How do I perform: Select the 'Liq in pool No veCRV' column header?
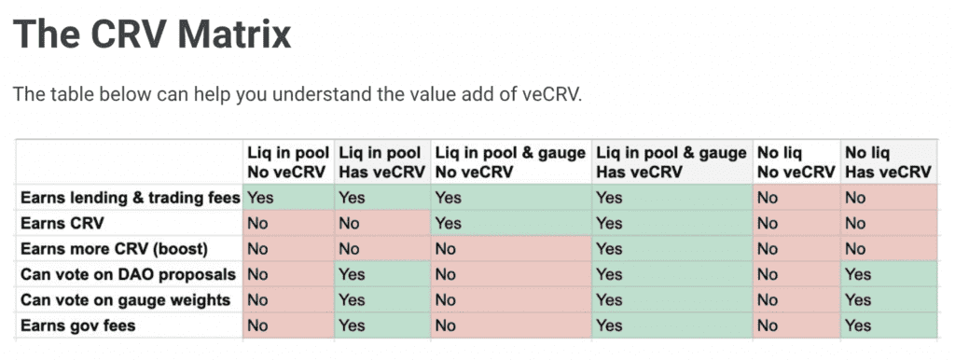287,161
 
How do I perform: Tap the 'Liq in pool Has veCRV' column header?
381,161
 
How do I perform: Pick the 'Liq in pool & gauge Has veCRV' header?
671,161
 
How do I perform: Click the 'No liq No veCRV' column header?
796,161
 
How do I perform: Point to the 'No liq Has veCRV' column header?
887,161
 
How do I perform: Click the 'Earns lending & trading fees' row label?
129,198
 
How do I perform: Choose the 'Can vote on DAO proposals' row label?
126,274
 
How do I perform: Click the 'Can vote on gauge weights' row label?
124,299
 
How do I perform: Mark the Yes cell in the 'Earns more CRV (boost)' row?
671,249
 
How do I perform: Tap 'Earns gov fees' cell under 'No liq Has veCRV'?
887,325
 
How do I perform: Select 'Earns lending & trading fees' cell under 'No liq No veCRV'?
796,198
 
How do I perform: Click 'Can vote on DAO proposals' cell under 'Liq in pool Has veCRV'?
381,274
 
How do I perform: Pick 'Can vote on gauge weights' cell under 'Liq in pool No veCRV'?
287,299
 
